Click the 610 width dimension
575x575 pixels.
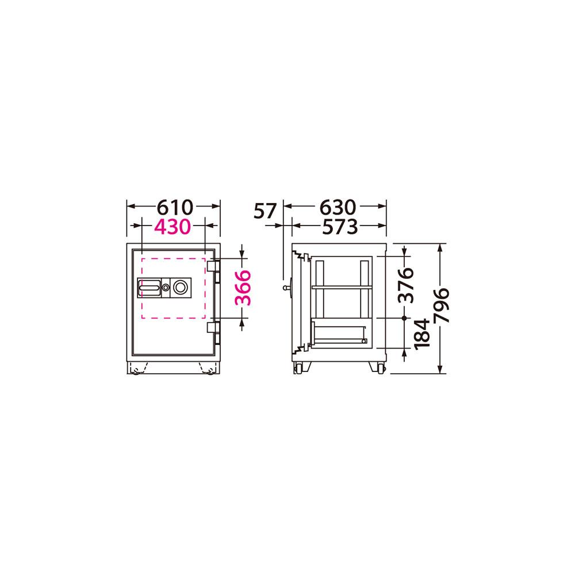[x=175, y=207]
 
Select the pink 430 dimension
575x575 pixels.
[x=172, y=227]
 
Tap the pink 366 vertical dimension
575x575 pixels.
[x=243, y=288]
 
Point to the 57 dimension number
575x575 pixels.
[x=264, y=211]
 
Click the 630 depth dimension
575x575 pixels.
[x=338, y=207]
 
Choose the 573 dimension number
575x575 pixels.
[x=340, y=227]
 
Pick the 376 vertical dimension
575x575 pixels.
[x=406, y=285]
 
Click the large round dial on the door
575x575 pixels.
[x=180, y=287]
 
